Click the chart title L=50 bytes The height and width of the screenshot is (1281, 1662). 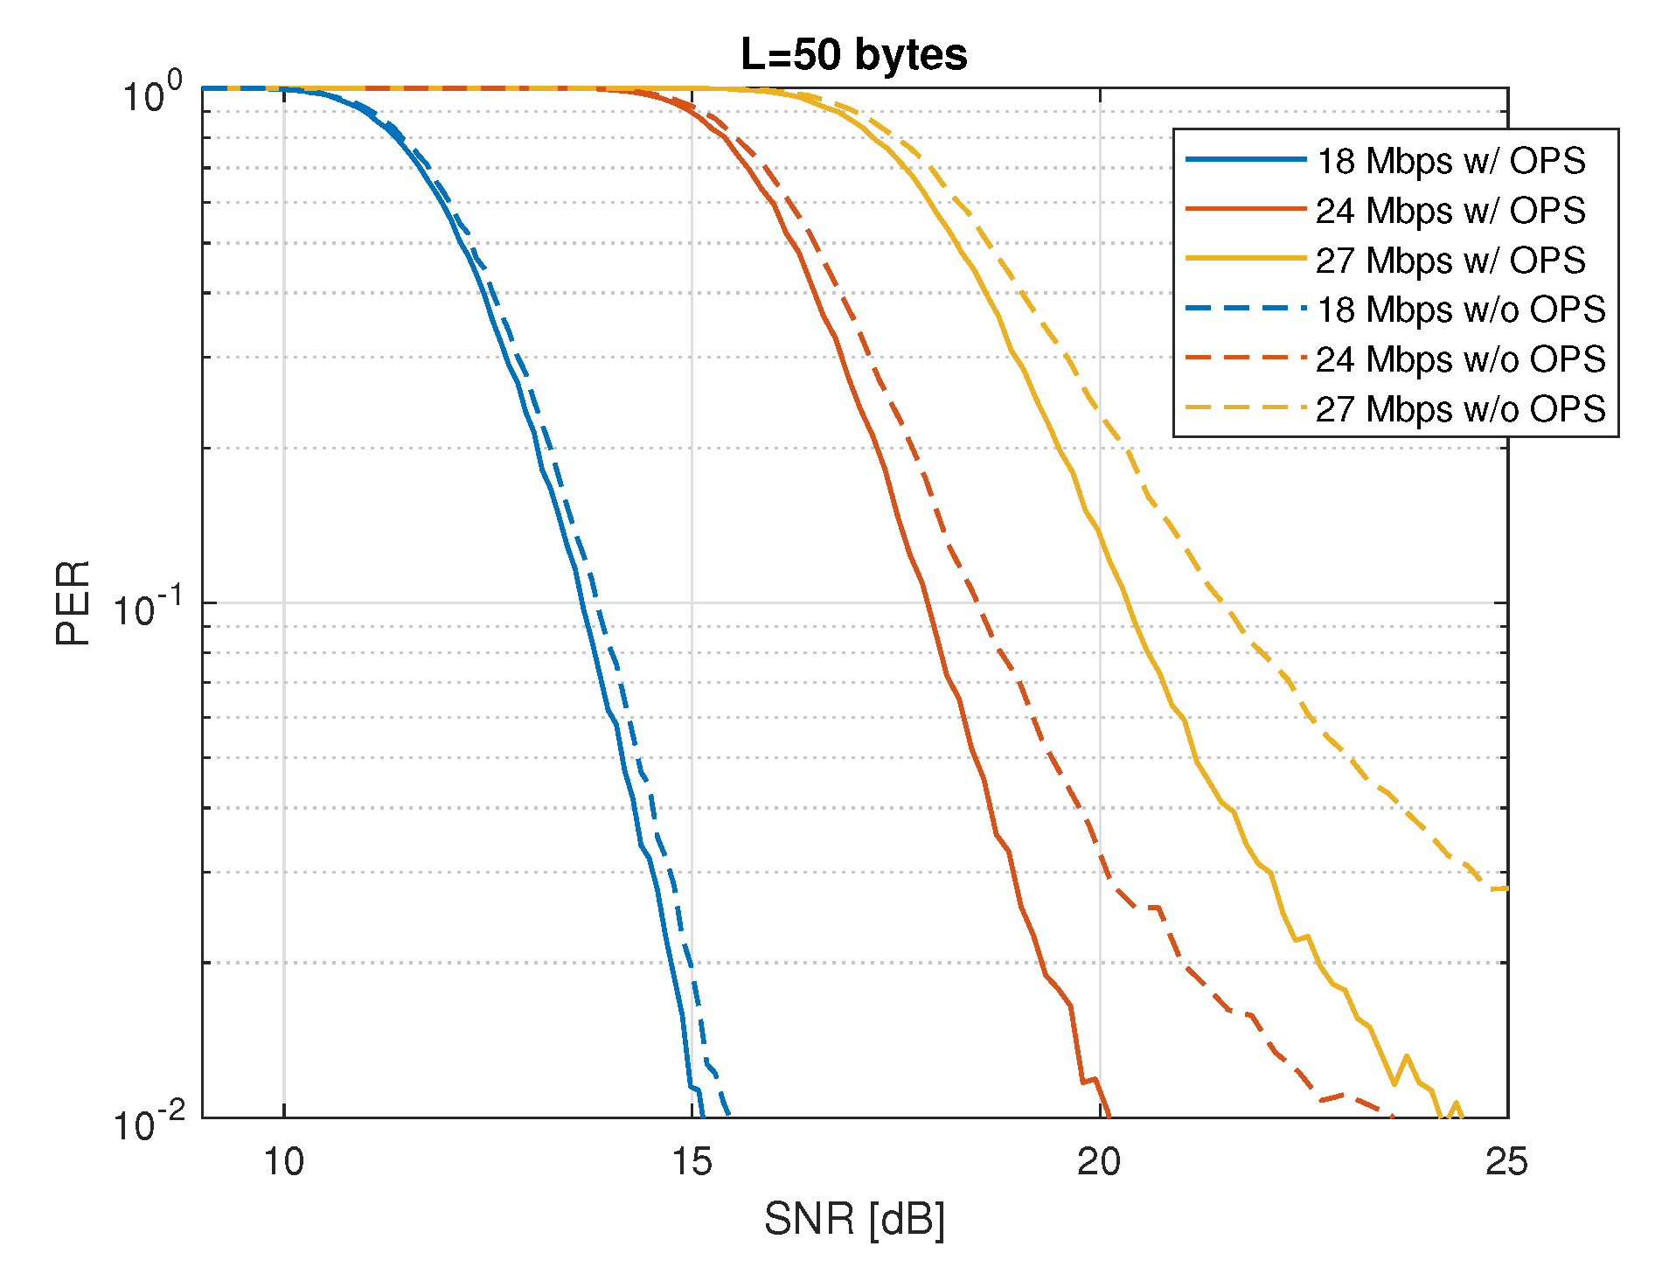click(x=853, y=54)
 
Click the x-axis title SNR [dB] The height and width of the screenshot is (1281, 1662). click(x=854, y=1218)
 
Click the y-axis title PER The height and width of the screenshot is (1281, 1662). click(x=73, y=602)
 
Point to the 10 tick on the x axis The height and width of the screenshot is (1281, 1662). click(x=283, y=1161)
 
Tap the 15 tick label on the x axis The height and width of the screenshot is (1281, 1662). click(x=692, y=1161)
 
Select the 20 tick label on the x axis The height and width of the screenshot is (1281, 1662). click(x=1099, y=1161)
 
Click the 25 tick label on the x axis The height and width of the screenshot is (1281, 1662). click(x=1506, y=1161)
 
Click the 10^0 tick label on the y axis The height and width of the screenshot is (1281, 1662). click(x=151, y=93)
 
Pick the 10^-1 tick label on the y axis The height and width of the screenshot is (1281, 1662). click(x=147, y=607)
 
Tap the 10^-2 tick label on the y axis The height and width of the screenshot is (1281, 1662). click(x=147, y=1122)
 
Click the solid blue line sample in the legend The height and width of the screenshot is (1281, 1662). click(x=1245, y=160)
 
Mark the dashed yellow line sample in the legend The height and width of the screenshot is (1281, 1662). click(x=1245, y=408)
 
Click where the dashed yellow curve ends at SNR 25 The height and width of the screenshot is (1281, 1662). click(x=1506, y=888)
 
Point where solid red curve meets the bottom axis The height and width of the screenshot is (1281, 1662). click(x=1109, y=1116)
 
